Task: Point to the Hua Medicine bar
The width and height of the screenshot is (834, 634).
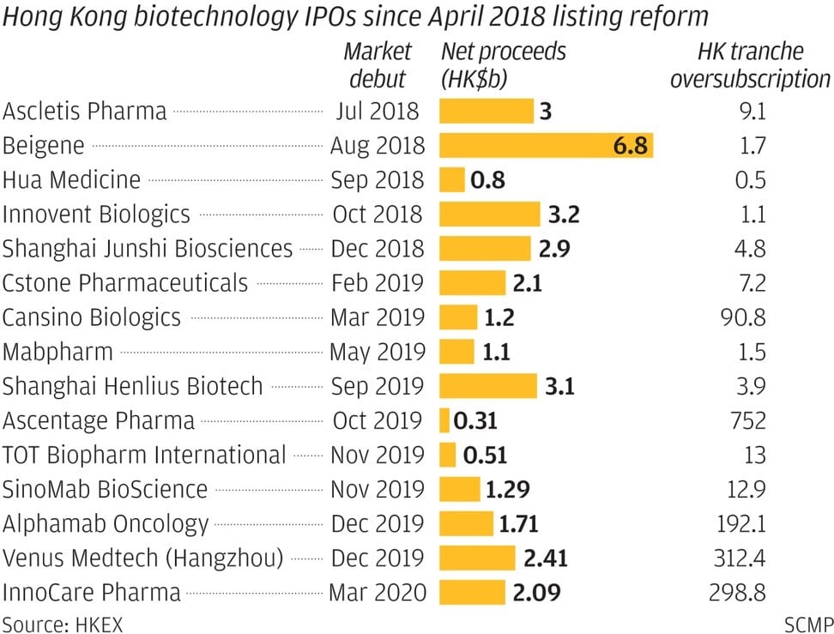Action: point(451,179)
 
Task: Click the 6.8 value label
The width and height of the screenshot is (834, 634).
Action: point(631,145)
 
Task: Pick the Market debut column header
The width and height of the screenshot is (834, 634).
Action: point(378,65)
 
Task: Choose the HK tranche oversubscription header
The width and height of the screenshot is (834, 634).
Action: point(749,65)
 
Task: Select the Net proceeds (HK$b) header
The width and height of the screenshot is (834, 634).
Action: point(504,65)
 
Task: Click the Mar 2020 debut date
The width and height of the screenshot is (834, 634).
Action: point(377,592)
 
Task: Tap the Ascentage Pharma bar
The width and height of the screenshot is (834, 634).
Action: point(444,420)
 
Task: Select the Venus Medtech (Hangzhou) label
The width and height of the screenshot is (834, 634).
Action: point(142,558)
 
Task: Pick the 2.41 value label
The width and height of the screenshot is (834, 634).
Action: point(545,558)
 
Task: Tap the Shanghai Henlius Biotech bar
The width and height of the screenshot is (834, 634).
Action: point(487,386)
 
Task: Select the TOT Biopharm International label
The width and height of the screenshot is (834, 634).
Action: point(143,455)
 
